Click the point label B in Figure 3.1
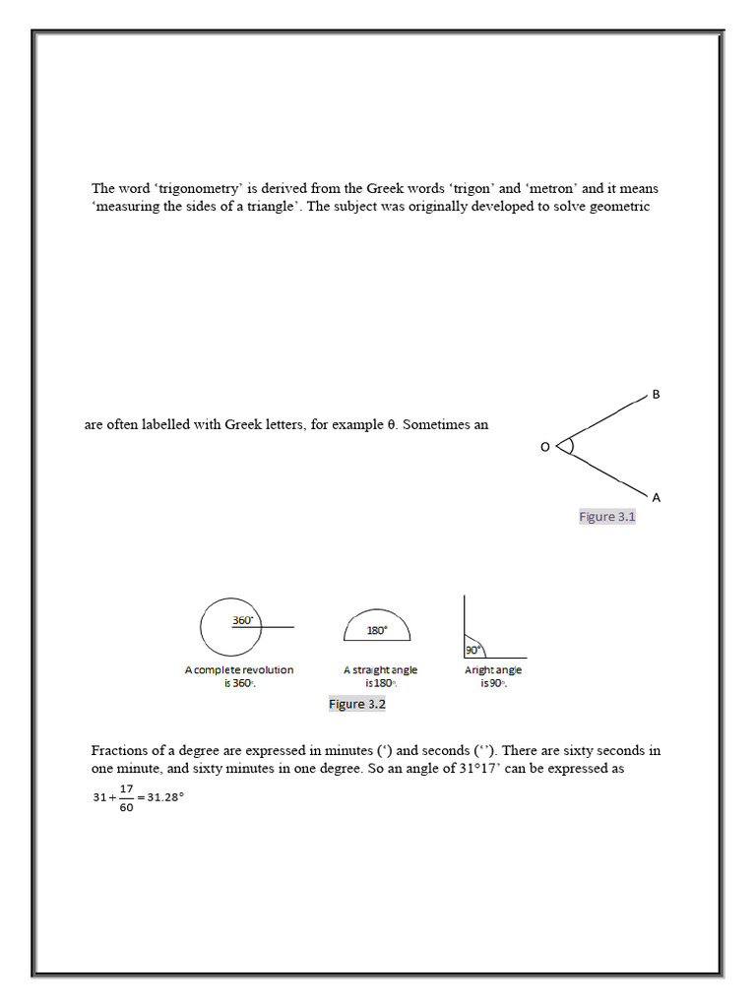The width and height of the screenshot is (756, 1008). click(656, 395)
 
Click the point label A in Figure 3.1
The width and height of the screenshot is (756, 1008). click(657, 498)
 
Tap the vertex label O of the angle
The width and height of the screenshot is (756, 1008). click(544, 448)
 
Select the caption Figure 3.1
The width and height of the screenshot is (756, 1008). click(607, 517)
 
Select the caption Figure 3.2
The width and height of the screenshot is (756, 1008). click(356, 704)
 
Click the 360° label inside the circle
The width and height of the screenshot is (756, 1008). click(243, 620)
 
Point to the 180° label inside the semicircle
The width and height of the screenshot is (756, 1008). click(377, 631)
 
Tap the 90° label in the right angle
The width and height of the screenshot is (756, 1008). click(472, 650)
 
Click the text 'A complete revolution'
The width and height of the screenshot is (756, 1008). click(239, 670)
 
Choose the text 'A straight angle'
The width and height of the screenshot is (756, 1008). click(380, 670)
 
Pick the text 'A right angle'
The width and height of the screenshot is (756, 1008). click(493, 670)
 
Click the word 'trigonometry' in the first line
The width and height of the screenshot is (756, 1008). click(190, 188)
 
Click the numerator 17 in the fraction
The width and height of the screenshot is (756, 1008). click(126, 789)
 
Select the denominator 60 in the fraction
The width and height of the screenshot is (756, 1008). click(126, 808)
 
